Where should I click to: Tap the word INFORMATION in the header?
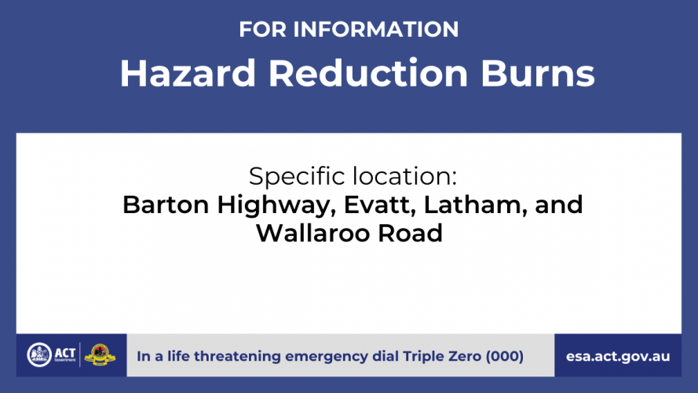tap(376, 29)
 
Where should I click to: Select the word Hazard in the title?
tap(188, 73)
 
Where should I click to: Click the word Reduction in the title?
tap(368, 73)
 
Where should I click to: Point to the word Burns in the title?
tap(538, 73)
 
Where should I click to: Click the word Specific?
tap(298, 176)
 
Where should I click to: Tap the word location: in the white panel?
tap(405, 175)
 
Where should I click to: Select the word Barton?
tap(166, 205)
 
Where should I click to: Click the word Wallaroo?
tap(313, 233)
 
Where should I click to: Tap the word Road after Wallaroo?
tap(411, 233)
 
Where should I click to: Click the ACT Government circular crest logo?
tap(39, 355)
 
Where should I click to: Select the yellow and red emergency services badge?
tap(100, 354)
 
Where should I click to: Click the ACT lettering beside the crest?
tap(65, 354)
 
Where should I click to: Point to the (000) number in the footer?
tap(504, 357)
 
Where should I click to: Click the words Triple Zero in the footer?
tap(442, 357)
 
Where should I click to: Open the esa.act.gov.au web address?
tap(618, 357)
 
